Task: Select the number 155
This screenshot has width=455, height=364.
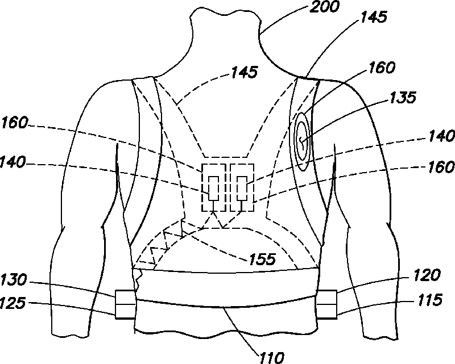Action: point(262,260)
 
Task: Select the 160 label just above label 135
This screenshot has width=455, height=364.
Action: point(382,68)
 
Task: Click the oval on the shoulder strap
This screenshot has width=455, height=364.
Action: point(302,139)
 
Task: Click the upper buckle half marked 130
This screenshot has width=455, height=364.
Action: point(126,298)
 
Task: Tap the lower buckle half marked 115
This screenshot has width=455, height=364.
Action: point(327,309)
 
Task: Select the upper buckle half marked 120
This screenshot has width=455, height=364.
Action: point(327,296)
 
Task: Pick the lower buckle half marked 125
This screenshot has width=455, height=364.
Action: point(126,310)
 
